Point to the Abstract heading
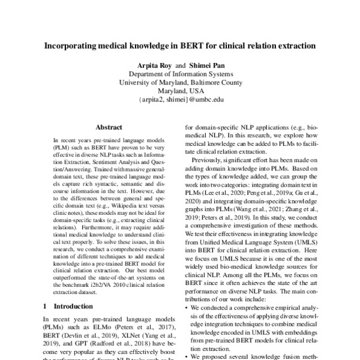pos(109,127)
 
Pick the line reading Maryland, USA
pos(180,91)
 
